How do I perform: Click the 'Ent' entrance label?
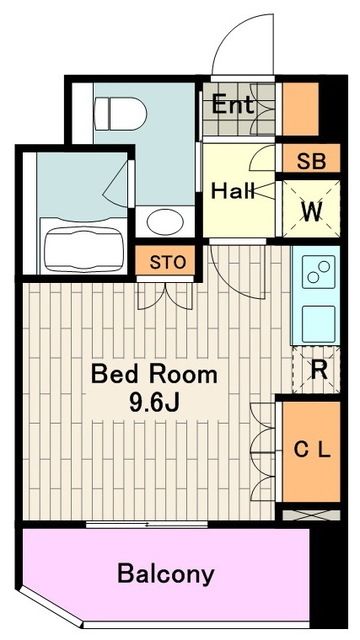tap(231, 103)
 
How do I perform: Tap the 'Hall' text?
tap(232, 190)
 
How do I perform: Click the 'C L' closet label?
tap(311, 449)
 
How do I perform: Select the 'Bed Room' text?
tap(153, 375)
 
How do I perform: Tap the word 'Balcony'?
tap(166, 574)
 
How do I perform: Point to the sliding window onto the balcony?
tap(150, 524)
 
